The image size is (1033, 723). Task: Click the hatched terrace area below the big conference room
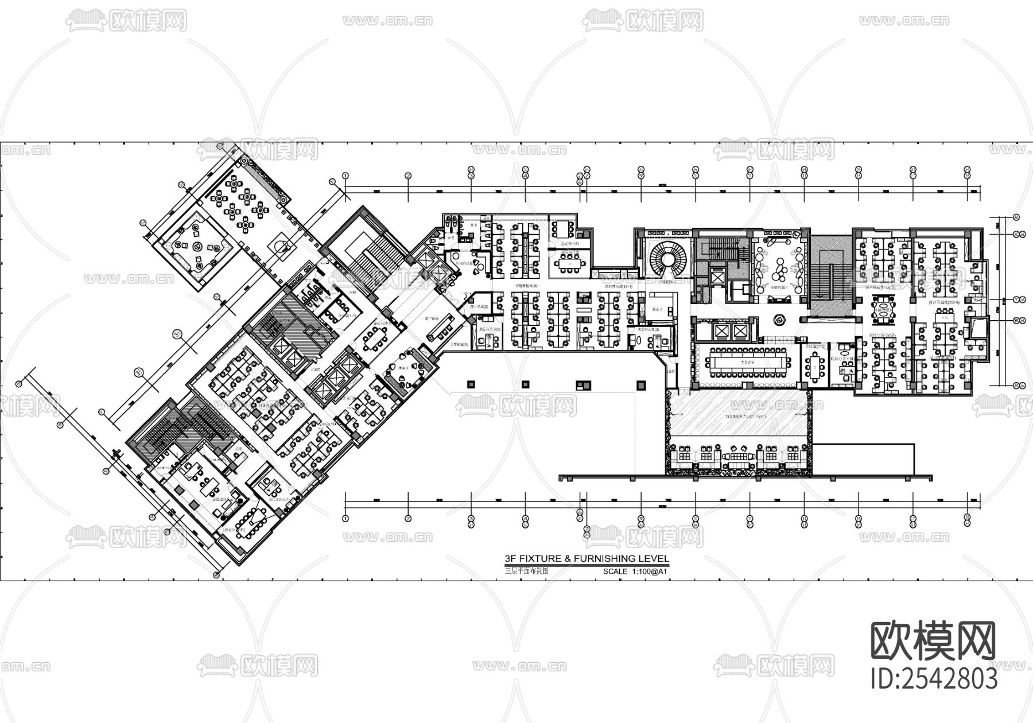tap(739, 415)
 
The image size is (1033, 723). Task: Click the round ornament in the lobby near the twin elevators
tap(779, 319)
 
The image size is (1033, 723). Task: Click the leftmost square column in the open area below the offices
tap(471, 384)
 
